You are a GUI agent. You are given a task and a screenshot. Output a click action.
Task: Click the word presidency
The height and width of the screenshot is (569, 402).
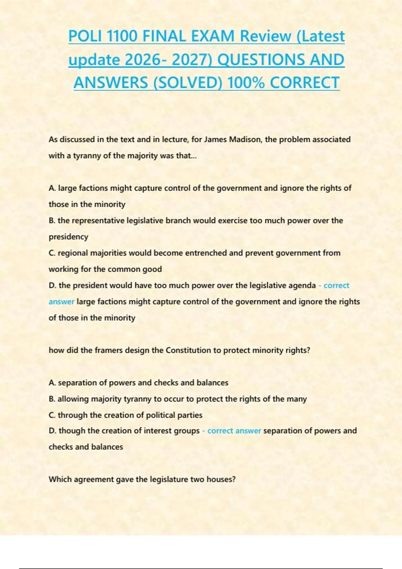[x=68, y=237]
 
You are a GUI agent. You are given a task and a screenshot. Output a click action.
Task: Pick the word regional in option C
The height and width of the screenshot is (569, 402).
[x=73, y=253]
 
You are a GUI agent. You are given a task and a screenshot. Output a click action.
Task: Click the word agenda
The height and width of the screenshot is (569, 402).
[x=303, y=286]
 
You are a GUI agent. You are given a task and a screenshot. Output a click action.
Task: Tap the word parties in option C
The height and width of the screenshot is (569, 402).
[x=190, y=415]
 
